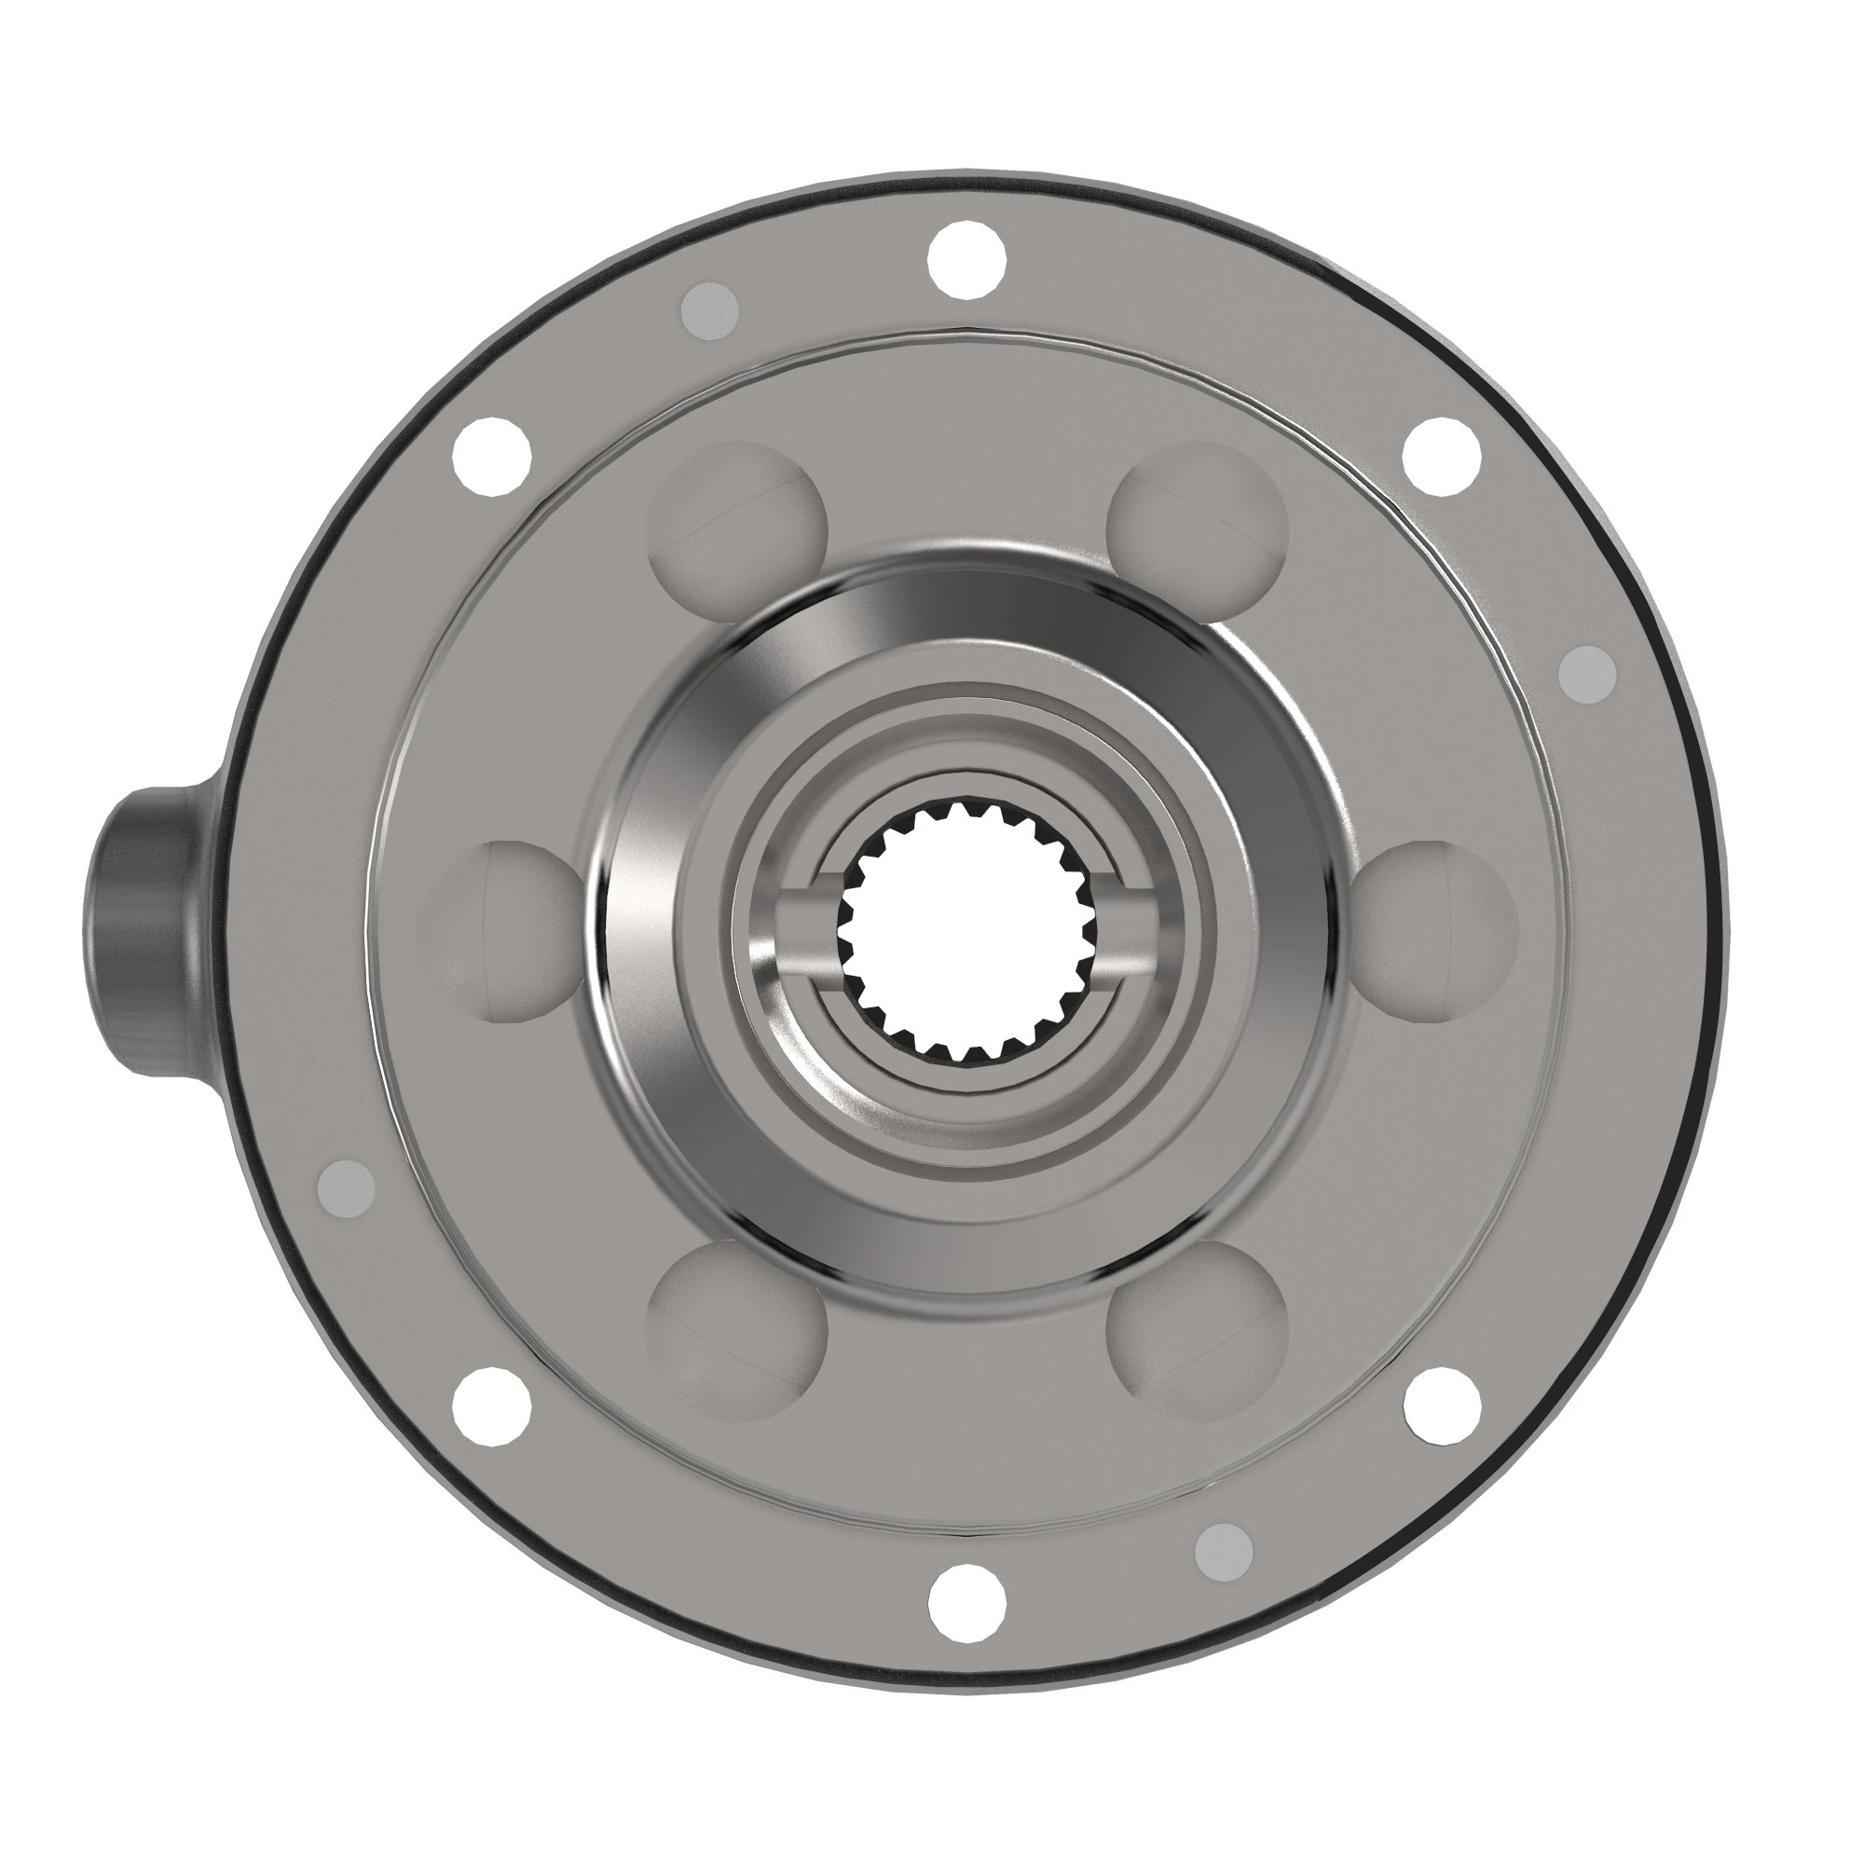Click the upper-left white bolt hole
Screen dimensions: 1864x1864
pos(492,458)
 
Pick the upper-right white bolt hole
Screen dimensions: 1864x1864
pos(1441,458)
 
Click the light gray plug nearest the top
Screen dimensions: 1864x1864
pos(710,310)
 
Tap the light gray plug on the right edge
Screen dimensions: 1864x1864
pos(1587,673)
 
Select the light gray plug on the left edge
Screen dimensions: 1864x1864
pos(346,1186)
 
